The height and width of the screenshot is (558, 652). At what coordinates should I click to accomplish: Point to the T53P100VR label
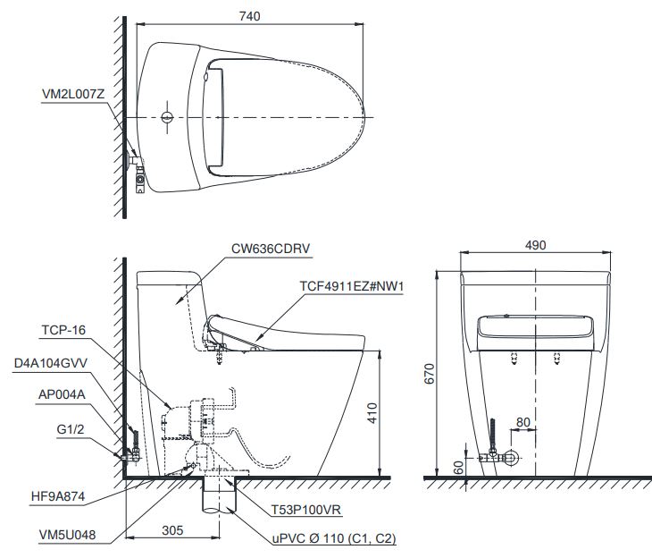point(305,510)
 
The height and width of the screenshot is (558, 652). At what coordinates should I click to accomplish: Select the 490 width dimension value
point(534,245)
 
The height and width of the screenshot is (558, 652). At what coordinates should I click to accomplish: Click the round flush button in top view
point(167,117)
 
